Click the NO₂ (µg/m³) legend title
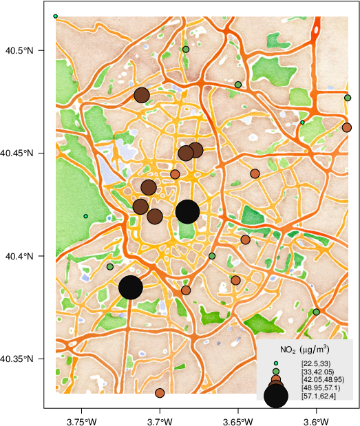(x=305, y=349)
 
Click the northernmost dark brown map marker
(x=142, y=95)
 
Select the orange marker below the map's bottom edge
(x=160, y=393)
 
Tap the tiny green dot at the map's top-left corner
(x=55, y=16)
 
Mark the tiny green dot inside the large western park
(x=85, y=216)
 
